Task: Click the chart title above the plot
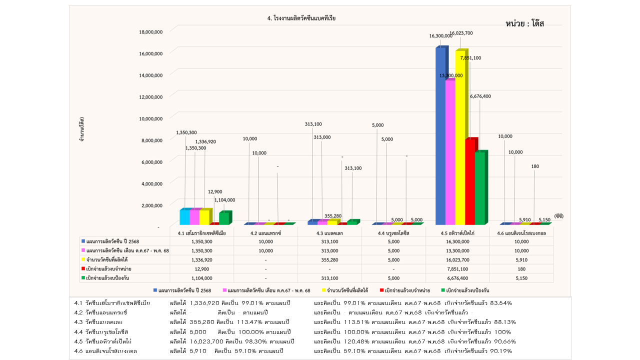[301, 18]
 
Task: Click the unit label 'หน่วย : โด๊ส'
[524, 24]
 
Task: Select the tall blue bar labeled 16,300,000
[441, 135]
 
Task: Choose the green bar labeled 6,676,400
[480, 187]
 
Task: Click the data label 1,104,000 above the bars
[224, 200]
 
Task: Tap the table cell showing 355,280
[329, 259]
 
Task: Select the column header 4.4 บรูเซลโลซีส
[393, 233]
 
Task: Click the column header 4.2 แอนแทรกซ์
[265, 233]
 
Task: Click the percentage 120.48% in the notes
[355, 341]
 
